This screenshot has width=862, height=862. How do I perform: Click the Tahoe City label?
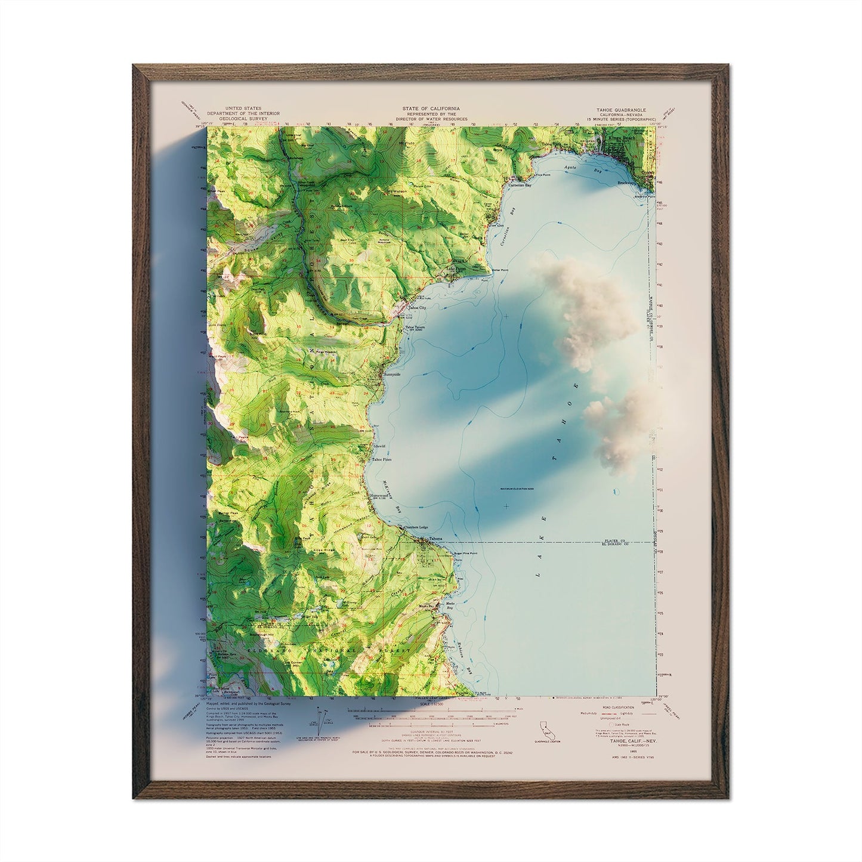(x=417, y=308)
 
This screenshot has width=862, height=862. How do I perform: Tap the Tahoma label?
(x=435, y=539)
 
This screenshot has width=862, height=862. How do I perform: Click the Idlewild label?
(x=379, y=446)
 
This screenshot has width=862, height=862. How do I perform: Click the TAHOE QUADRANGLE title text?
(x=620, y=110)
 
